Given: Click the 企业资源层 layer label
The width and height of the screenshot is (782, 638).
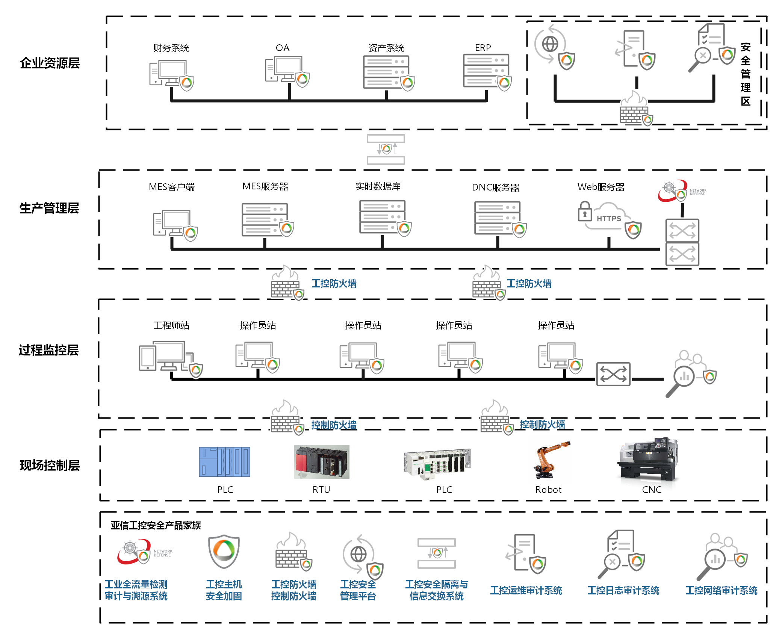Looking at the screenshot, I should tap(50, 63).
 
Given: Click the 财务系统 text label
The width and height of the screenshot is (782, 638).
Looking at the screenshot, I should tap(171, 48).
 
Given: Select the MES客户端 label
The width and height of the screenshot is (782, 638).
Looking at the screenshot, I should tap(172, 187).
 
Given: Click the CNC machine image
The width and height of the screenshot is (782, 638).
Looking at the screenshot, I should tap(648, 459).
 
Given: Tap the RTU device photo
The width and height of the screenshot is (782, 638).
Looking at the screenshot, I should tap(322, 462).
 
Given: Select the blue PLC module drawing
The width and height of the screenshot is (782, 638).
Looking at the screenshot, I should tap(224, 462).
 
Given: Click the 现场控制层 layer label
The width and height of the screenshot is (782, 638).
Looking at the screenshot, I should tap(50, 465).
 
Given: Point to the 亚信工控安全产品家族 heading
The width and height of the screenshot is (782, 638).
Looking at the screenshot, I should tap(156, 525).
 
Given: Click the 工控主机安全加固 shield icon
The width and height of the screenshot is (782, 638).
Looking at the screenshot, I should tap(224, 551).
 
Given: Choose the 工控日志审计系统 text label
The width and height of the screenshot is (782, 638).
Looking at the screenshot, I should tap(623, 590).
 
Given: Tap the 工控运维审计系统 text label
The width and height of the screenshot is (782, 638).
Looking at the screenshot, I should tap(526, 590).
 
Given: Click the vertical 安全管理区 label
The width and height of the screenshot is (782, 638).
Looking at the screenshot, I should tap(746, 74).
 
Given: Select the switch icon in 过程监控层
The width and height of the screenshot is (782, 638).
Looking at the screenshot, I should tap(613, 374).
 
